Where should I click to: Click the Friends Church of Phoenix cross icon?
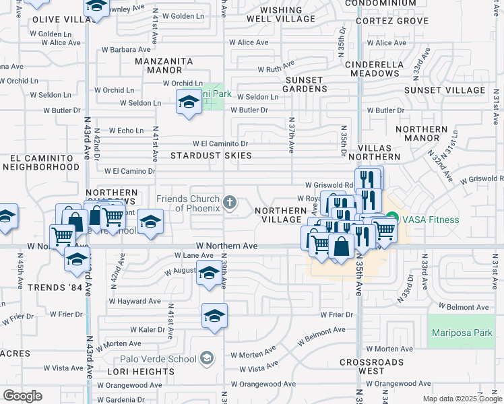coord(230,203)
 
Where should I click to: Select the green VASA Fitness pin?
coord(392,220)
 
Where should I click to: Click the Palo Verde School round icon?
coord(208,358)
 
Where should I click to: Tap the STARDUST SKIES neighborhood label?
coord(211,156)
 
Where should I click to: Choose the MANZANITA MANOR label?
coord(164,65)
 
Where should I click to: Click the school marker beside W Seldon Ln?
coord(189,104)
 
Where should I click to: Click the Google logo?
coord(23,396)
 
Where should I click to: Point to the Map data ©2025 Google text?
coord(462,399)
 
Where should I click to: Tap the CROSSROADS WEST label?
coord(371,366)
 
